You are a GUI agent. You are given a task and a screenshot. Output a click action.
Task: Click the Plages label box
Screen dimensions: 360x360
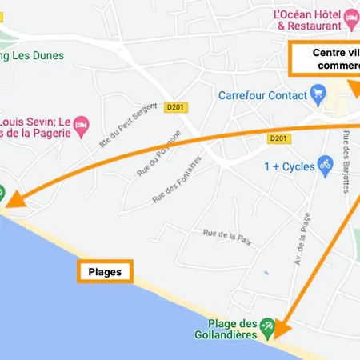click(105, 272)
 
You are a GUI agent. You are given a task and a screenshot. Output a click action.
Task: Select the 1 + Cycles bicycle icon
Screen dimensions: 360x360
click(325, 166)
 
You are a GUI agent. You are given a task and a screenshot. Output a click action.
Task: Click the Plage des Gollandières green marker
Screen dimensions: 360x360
click(269, 326)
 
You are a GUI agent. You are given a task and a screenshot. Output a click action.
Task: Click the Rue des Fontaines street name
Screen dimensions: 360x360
click(178, 180)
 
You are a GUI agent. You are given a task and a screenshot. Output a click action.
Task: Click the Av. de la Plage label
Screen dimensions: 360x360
click(302, 238)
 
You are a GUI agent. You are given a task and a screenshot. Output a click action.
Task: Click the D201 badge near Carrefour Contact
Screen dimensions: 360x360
click(175, 106)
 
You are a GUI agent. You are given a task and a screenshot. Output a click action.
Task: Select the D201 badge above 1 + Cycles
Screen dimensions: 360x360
click(278, 138)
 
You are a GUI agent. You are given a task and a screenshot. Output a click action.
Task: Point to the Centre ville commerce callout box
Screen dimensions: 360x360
click(324, 59)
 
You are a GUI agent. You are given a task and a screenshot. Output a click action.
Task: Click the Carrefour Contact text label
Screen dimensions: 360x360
click(262, 95)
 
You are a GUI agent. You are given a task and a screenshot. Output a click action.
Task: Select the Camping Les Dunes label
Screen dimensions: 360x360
click(32, 55)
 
